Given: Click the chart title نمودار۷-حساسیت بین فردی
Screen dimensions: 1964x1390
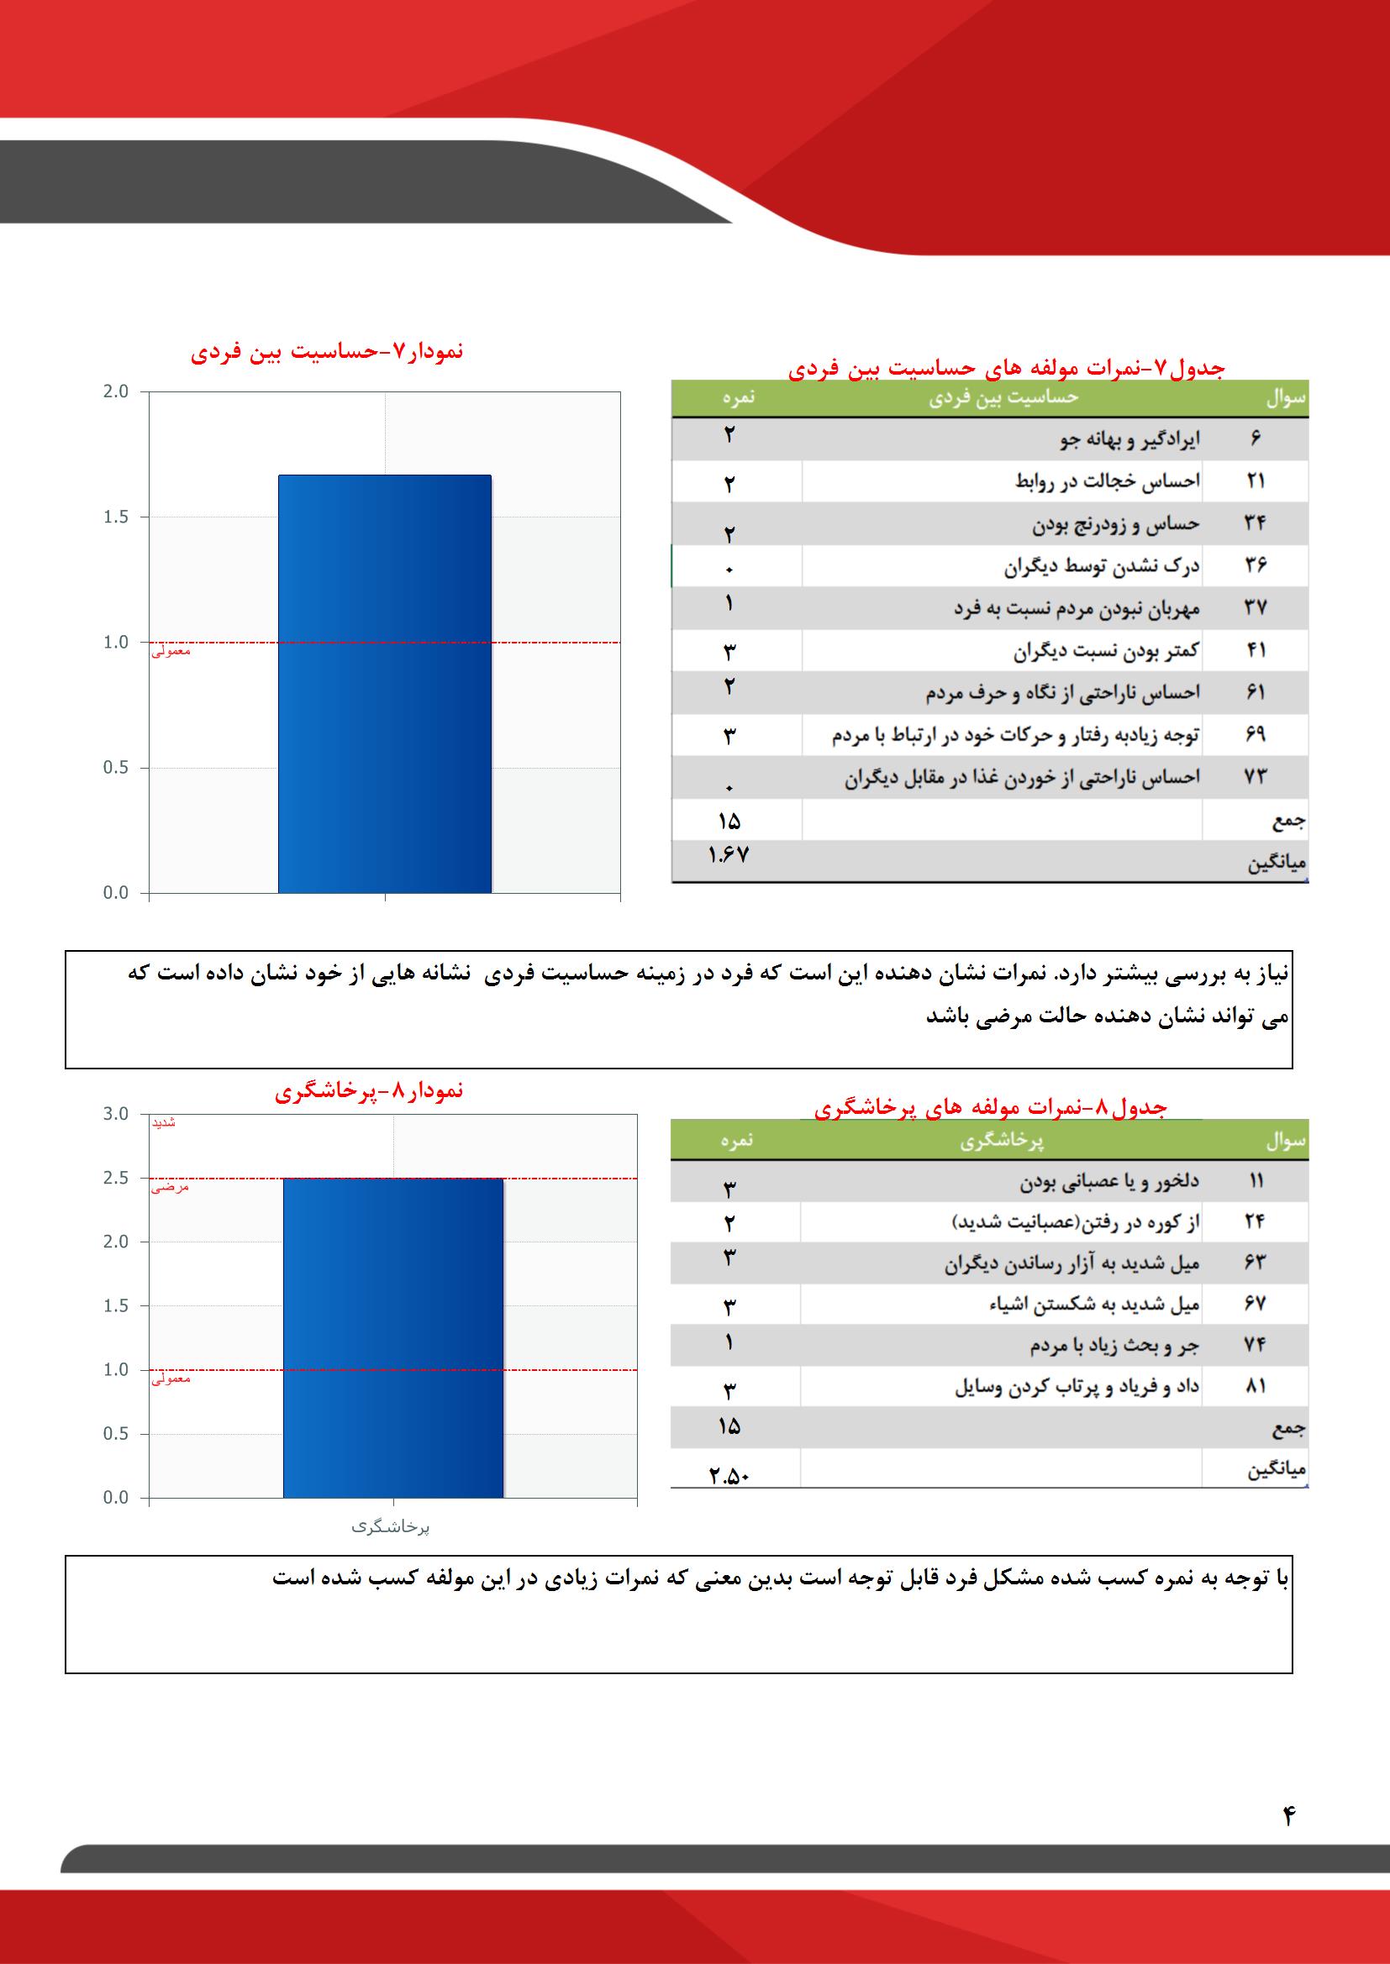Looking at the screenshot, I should pyautogui.click(x=326, y=352).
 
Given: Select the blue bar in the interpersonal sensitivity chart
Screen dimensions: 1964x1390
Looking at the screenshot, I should pyautogui.click(x=384, y=684).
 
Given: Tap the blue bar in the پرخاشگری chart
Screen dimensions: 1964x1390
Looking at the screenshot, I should pyautogui.click(x=392, y=1338).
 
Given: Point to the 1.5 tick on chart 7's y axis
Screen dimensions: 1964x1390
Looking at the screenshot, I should pyautogui.click(x=114, y=517).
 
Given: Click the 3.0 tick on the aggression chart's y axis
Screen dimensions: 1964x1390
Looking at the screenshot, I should pyautogui.click(x=114, y=1115).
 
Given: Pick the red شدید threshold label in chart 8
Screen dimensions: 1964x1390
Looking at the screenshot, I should pyautogui.click(x=164, y=1122).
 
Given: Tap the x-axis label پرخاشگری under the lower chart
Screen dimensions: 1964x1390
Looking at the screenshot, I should pyautogui.click(x=391, y=1527).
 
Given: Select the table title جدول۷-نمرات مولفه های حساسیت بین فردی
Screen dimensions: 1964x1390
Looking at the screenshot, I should pyautogui.click(x=1006, y=369).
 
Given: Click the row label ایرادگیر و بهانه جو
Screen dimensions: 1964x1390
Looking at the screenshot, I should pyautogui.click(x=1129, y=439).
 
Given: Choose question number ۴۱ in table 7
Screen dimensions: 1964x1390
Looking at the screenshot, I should pyautogui.click(x=1255, y=651).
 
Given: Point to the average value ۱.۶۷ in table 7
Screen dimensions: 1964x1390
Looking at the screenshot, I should pyautogui.click(x=729, y=854).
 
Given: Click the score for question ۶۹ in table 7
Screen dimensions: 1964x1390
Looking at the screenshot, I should pyautogui.click(x=729, y=736).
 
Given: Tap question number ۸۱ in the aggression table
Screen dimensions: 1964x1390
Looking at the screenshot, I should pyautogui.click(x=1255, y=1386).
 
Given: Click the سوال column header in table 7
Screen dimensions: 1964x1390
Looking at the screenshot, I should pyautogui.click(x=1285, y=399).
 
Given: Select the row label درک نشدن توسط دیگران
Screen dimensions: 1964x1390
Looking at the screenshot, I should pyautogui.click(x=1102, y=566).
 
